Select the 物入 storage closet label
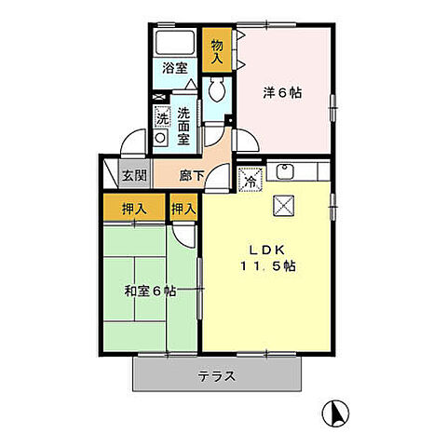click(x=216, y=50)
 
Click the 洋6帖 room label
click(x=282, y=92)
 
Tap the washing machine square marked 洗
click(x=162, y=117)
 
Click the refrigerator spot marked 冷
click(x=250, y=179)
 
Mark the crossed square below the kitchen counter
click(x=282, y=206)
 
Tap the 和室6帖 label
click(x=150, y=291)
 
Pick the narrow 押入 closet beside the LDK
click(x=183, y=210)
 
